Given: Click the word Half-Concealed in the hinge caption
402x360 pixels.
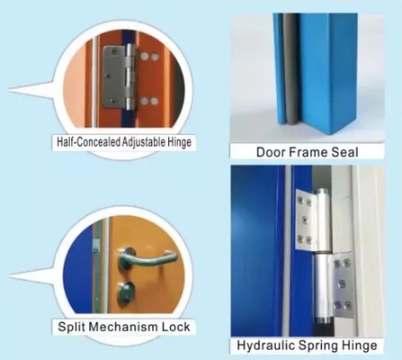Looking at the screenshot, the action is pos(89,141).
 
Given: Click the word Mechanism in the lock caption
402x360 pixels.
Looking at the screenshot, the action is pos(121,327).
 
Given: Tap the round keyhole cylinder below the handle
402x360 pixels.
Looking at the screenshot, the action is pos(127,291).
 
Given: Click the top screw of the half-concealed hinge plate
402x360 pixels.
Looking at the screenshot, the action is pos(113,52).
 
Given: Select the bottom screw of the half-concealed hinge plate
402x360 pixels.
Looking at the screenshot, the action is pos(112,101).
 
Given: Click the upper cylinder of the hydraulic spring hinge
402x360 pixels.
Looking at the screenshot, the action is pos(322,220).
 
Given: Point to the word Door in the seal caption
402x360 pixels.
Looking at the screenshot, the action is pos(270,152).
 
